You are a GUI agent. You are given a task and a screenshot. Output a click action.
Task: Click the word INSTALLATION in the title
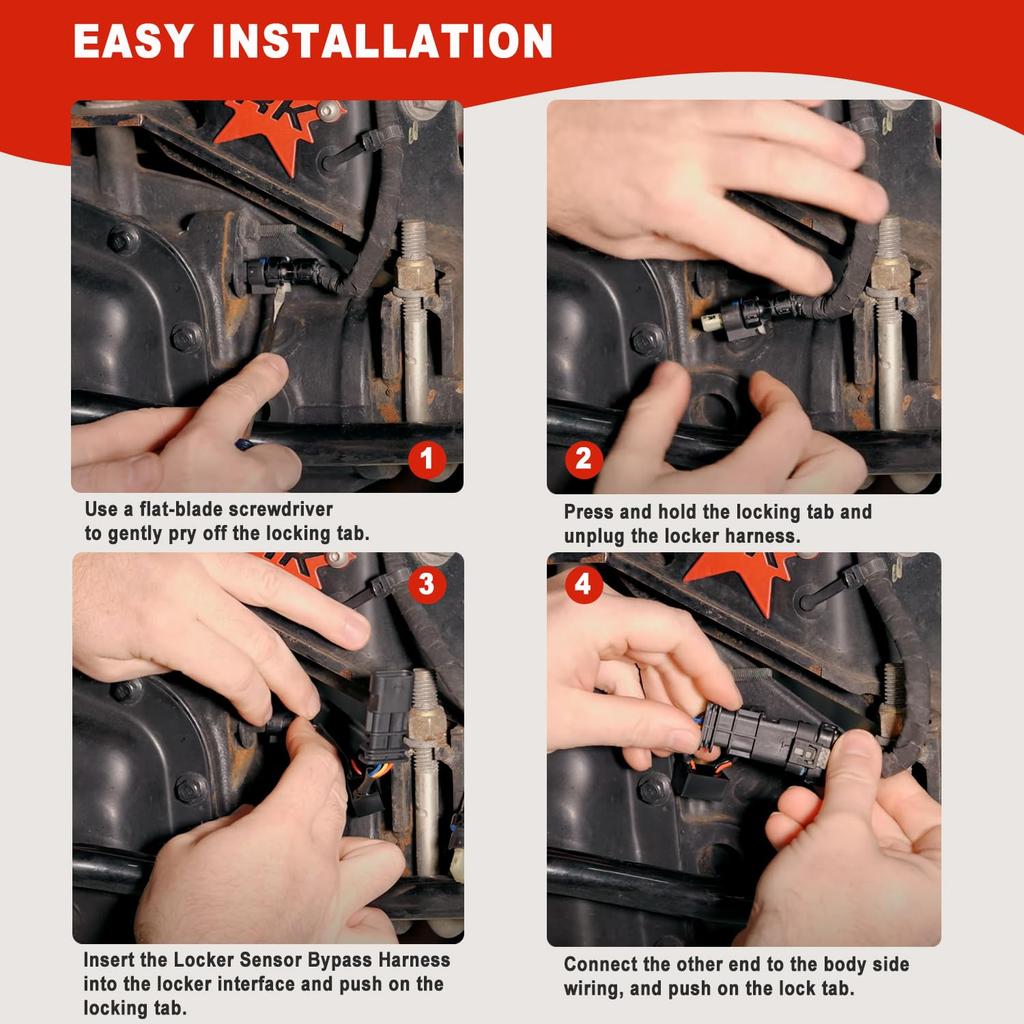(383, 41)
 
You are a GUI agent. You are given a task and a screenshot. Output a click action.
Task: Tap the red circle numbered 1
(428, 460)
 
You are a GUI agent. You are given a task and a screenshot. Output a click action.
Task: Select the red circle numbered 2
(584, 460)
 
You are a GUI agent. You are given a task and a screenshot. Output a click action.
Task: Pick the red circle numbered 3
(427, 584)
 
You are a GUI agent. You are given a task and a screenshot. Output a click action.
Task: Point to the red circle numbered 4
(584, 584)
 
